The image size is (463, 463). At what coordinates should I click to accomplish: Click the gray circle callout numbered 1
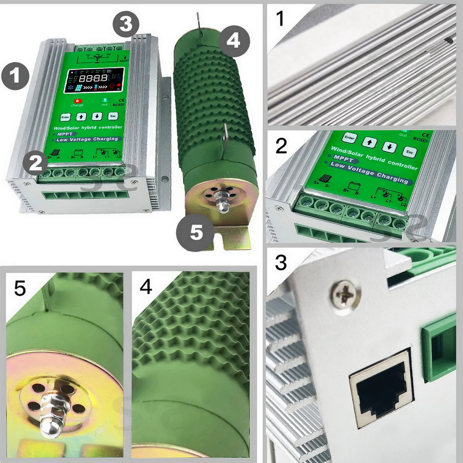click(x=15, y=76)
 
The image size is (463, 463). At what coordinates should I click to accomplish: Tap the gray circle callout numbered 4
click(x=233, y=40)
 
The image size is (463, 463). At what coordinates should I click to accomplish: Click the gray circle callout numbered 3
click(x=126, y=24)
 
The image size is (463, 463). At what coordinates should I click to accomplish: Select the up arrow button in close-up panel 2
click(x=369, y=143)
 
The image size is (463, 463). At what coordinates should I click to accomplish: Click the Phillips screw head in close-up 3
click(x=345, y=294)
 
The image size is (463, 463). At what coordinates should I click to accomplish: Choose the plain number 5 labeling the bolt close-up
click(x=20, y=288)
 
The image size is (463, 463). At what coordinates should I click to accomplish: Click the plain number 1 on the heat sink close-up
click(x=280, y=19)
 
